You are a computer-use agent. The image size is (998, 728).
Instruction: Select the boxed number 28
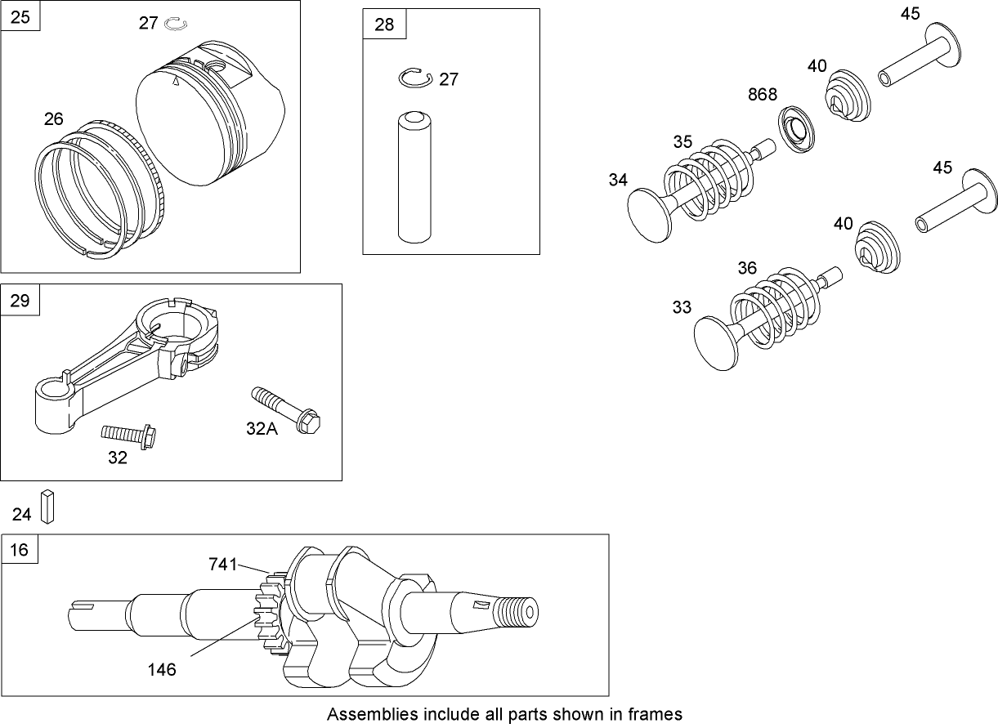383,25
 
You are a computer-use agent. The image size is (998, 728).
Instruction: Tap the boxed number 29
20,300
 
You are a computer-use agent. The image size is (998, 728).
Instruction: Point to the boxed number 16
19,550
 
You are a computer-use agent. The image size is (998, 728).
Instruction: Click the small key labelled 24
49,507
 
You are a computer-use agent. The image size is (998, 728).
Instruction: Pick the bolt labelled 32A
290,408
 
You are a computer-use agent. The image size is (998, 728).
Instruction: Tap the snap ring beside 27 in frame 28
415,78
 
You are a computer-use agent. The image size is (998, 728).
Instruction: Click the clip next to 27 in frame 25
176,24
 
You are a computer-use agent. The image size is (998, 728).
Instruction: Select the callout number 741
222,564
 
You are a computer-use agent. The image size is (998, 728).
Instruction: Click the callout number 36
747,267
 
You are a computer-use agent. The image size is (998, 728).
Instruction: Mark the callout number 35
682,141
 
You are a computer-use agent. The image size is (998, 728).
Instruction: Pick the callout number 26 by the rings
53,119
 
